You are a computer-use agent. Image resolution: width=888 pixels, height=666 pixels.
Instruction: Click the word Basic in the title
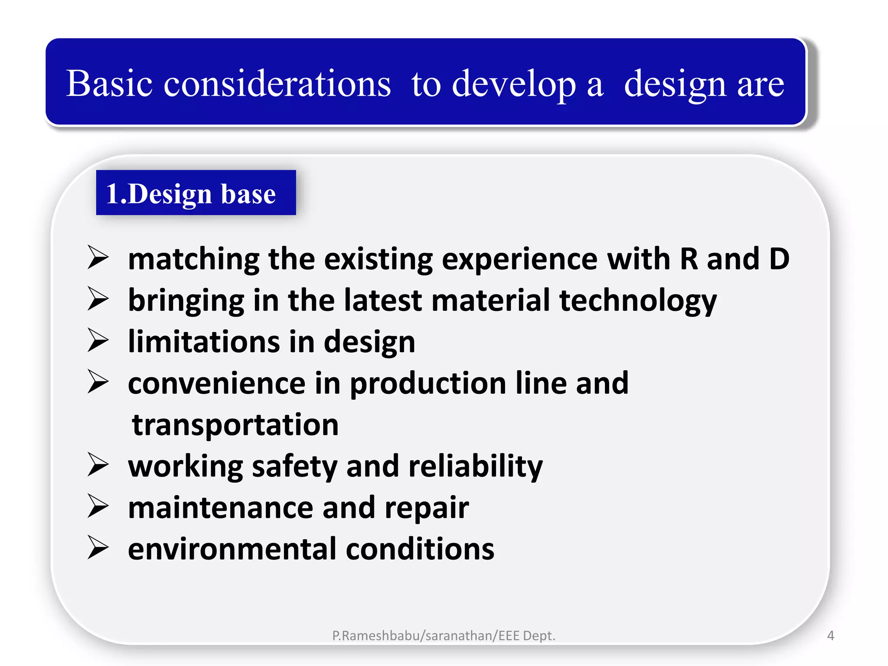click(109, 83)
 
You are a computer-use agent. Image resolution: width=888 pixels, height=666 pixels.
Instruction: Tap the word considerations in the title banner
click(277, 83)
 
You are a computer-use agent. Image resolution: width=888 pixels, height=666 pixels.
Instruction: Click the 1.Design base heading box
click(196, 193)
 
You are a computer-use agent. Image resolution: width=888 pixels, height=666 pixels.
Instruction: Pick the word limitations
click(204, 342)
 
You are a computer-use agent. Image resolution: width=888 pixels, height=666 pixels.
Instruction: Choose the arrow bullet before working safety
click(98, 465)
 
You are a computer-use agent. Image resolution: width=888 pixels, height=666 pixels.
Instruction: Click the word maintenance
click(221, 508)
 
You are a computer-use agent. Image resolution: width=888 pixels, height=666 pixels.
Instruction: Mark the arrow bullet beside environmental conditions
click(98, 548)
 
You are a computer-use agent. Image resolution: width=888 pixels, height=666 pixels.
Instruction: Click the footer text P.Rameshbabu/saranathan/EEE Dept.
click(444, 636)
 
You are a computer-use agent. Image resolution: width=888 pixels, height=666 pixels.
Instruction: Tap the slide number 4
click(830, 636)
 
